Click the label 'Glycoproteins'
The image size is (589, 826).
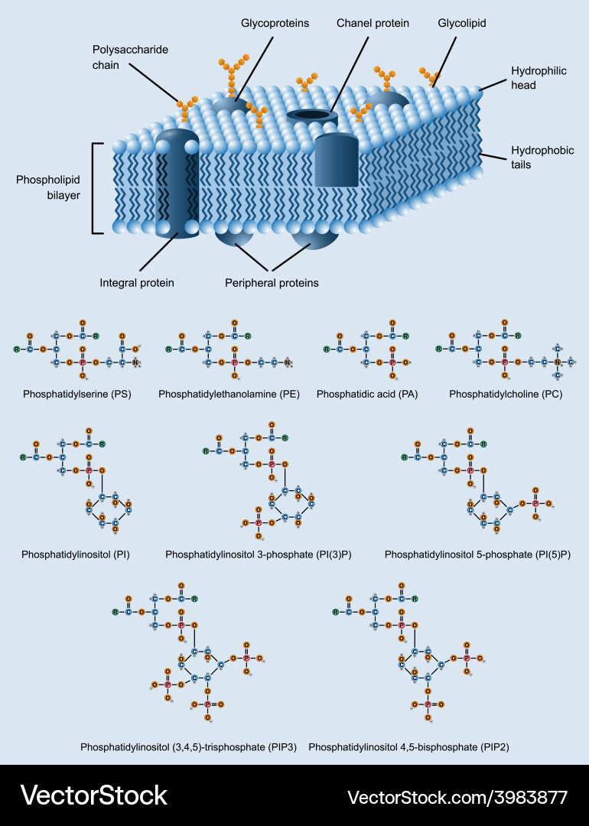(275, 24)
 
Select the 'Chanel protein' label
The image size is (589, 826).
(373, 24)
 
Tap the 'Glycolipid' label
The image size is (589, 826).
(462, 24)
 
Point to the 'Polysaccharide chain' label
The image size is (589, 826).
(130, 57)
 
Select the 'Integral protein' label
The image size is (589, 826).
(137, 283)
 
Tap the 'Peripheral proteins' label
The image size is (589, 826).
(272, 283)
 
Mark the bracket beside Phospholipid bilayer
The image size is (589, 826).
(95, 187)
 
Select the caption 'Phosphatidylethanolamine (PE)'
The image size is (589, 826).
(229, 395)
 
